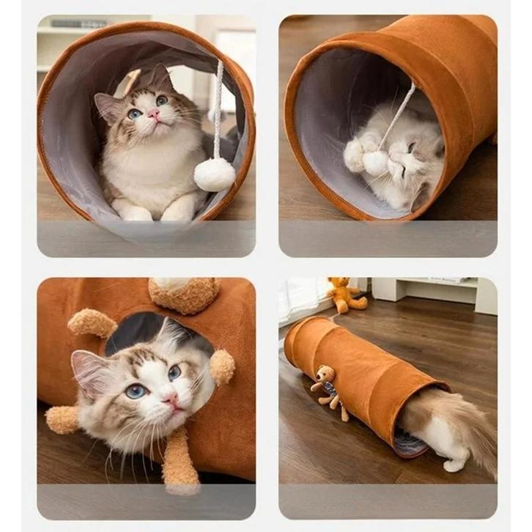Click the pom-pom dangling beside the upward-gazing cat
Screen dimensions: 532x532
[x=215, y=174]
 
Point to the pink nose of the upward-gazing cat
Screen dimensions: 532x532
[x=154, y=114]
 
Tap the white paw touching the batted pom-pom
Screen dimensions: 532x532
[x=355, y=153]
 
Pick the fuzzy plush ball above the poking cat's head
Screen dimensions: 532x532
[x=184, y=295]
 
